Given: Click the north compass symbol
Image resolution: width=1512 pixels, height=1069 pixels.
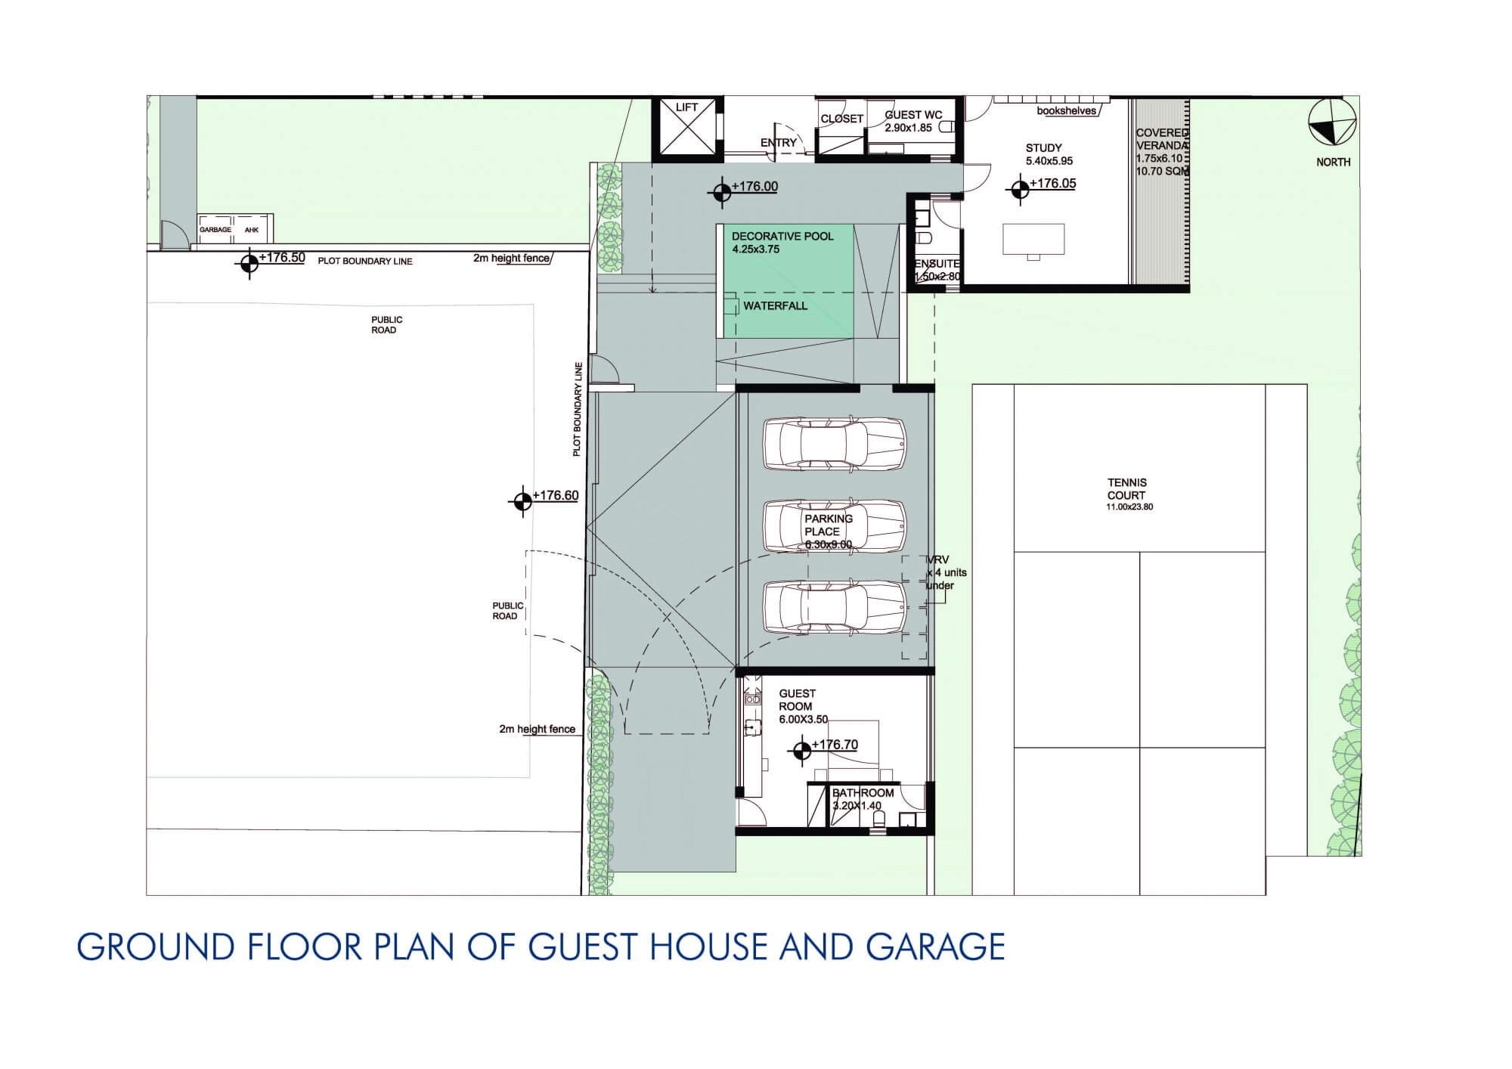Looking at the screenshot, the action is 1333,122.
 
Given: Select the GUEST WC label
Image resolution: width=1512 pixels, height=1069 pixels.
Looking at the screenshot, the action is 913,115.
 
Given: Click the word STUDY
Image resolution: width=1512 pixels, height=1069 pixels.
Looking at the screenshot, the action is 1043,148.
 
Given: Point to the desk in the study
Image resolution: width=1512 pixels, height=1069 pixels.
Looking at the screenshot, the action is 1033,239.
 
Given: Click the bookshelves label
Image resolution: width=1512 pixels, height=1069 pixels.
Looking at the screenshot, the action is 1066,111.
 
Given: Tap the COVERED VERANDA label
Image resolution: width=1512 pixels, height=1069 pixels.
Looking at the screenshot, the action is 1163,139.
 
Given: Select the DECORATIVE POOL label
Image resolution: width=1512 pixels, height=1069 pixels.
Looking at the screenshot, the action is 782,237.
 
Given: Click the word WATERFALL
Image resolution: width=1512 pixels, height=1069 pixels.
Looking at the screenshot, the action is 775,306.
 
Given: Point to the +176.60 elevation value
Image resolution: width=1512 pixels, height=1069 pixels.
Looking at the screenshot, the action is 556,496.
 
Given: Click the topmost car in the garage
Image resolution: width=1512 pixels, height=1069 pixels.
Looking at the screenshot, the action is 835,444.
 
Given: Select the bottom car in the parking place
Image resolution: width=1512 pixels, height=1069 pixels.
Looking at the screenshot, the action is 835,606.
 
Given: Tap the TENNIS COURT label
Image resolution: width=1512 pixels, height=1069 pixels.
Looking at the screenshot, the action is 1126,489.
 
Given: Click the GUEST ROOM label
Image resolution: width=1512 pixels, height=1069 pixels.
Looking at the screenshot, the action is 797,700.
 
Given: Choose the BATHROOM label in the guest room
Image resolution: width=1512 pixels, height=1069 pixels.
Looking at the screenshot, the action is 863,793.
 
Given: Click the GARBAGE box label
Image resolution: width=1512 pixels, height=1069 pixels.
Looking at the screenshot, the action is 215,230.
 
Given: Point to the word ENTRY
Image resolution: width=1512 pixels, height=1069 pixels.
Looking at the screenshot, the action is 779,143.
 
